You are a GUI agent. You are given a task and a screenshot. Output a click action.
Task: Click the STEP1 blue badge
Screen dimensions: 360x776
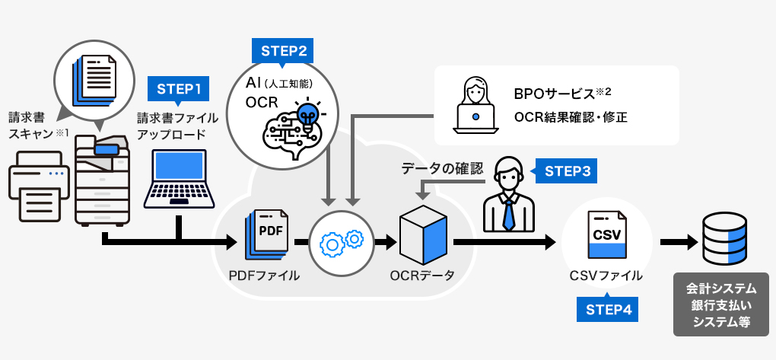pyautogui.click(x=178, y=88)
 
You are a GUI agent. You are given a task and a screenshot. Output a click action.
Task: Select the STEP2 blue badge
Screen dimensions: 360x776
pyautogui.click(x=283, y=51)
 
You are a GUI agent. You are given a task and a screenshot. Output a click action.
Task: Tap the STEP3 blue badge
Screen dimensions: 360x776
pyautogui.click(x=567, y=171)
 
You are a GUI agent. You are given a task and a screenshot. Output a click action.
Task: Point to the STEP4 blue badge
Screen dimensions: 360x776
pyautogui.click(x=606, y=309)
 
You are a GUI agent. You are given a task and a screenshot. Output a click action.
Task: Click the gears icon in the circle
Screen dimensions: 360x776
pyautogui.click(x=342, y=243)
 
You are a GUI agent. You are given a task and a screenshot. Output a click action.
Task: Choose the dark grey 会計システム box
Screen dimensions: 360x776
pyautogui.click(x=720, y=304)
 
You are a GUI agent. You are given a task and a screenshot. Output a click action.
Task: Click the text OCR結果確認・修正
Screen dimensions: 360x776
pyautogui.click(x=571, y=117)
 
